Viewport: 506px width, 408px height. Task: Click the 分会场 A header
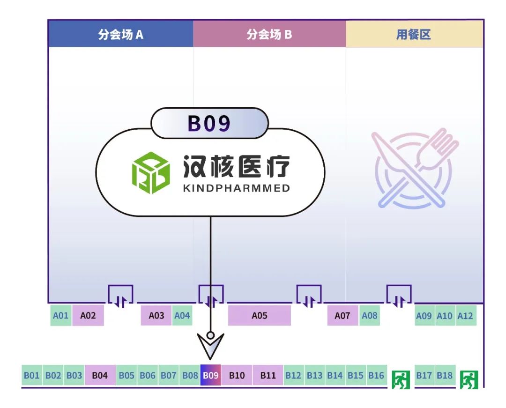click(x=120, y=34)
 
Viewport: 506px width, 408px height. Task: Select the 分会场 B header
click(x=269, y=34)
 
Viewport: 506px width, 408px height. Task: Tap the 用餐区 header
click(x=414, y=34)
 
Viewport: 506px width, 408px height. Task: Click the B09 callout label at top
click(x=209, y=123)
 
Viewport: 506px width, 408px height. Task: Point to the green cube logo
click(x=150, y=173)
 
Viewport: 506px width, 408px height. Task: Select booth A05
click(x=259, y=316)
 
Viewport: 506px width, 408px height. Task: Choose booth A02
click(x=88, y=316)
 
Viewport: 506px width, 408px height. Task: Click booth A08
click(x=369, y=316)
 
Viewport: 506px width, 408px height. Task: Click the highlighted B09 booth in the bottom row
click(x=210, y=376)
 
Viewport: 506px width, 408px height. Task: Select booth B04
click(x=100, y=376)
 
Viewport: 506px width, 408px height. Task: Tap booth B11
click(x=268, y=376)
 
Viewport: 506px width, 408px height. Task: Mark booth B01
click(x=32, y=376)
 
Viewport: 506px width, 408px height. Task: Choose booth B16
click(x=376, y=376)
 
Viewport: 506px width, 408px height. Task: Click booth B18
click(x=445, y=376)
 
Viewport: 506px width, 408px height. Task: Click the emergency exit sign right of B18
click(x=469, y=379)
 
